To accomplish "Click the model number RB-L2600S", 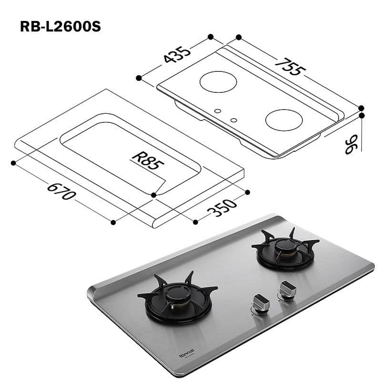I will [60, 26].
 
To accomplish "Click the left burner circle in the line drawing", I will [218, 82].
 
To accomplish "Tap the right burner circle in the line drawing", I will [284, 119].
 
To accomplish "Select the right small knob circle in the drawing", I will [234, 120].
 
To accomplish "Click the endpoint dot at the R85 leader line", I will [153, 195].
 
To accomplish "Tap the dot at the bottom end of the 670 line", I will [113, 222].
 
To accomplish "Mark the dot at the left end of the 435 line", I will [139, 78].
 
